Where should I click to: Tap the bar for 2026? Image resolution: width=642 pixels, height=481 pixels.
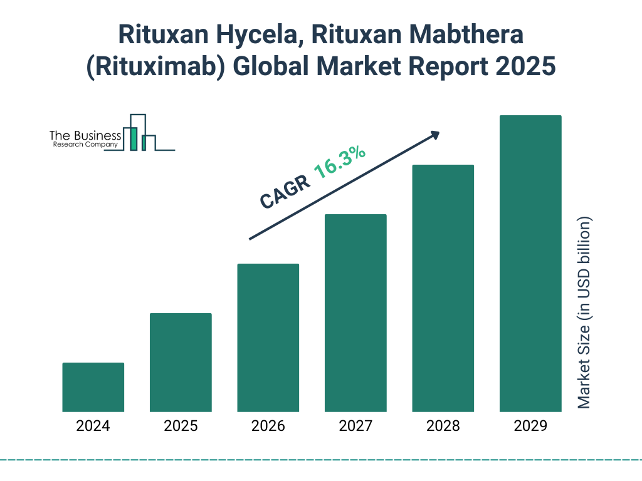268,338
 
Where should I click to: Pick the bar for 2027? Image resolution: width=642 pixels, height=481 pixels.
355,313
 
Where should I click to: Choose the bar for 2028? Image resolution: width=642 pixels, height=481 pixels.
443,288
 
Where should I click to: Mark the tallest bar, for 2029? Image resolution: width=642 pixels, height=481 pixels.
530,264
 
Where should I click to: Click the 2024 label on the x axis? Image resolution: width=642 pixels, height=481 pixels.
93,427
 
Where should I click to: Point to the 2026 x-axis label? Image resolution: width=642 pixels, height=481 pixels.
268,427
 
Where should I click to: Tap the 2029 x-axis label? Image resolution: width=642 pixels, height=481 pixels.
530,427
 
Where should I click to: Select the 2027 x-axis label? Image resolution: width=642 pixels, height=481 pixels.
355,427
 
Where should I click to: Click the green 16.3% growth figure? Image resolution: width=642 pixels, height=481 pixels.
340,163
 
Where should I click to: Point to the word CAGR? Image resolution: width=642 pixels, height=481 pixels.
285,192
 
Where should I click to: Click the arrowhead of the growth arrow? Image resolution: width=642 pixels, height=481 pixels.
434,135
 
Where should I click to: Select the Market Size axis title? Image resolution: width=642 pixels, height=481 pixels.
584,313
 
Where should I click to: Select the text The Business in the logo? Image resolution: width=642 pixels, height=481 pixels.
85,135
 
